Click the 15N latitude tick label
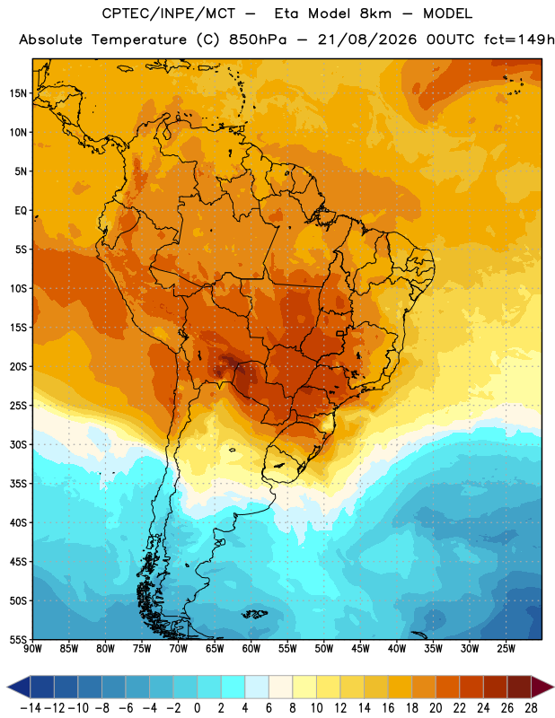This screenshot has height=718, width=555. pyautogui.click(x=18, y=93)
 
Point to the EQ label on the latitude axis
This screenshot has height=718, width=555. pyautogui.click(x=21, y=211)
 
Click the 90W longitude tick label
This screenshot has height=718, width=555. pyautogui.click(x=32, y=649)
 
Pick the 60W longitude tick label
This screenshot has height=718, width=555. pyautogui.click(x=251, y=649)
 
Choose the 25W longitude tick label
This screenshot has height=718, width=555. pyautogui.click(x=506, y=649)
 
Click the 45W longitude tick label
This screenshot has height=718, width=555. pyautogui.click(x=360, y=649)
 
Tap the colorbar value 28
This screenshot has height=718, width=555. pyautogui.click(x=531, y=708)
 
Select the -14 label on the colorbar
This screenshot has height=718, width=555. pyautogui.click(x=31, y=708)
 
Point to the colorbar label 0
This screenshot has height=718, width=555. pyautogui.click(x=198, y=708)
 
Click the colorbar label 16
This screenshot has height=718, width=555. pyautogui.click(x=388, y=708)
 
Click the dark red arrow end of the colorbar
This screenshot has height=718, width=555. pyautogui.click(x=542, y=687)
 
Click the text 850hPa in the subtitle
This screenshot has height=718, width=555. pyautogui.click(x=258, y=39)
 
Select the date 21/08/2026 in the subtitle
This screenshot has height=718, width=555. pyautogui.click(x=367, y=39)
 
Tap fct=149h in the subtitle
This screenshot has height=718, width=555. pyautogui.click(x=519, y=39)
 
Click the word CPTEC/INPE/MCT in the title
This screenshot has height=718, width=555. pyautogui.click(x=168, y=13)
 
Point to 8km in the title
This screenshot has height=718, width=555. pyautogui.click(x=375, y=13)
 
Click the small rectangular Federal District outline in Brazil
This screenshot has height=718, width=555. pyautogui.click(x=340, y=333)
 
